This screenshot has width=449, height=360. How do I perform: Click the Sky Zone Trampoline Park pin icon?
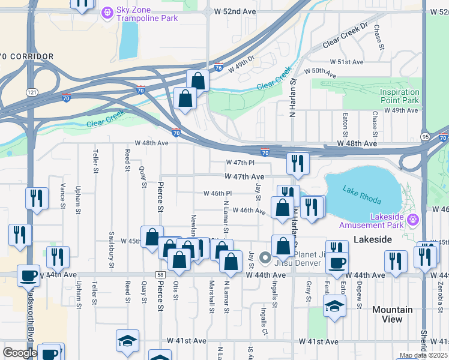pyautogui.click(x=108, y=11)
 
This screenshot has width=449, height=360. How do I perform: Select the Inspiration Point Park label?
pyautogui.click(x=399, y=97)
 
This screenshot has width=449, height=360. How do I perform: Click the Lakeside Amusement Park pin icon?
pyautogui.click(x=412, y=220)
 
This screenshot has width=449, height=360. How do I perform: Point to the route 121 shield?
pyautogui.click(x=32, y=92)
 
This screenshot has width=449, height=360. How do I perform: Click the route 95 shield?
pyautogui.click(x=426, y=136)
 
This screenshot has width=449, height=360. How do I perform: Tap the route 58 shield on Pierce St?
pyautogui.click(x=160, y=274)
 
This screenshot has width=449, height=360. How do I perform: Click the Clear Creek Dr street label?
pyautogui.click(x=345, y=36)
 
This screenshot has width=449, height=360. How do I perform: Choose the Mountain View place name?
pyautogui.click(x=392, y=314)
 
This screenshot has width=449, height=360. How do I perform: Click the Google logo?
pyautogui.click(x=20, y=353)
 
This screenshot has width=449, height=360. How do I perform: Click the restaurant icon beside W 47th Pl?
pyautogui.click(x=297, y=163)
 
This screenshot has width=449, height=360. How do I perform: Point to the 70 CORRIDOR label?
pyautogui.click(x=27, y=56)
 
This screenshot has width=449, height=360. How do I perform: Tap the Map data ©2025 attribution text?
pyautogui.click(x=423, y=355)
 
